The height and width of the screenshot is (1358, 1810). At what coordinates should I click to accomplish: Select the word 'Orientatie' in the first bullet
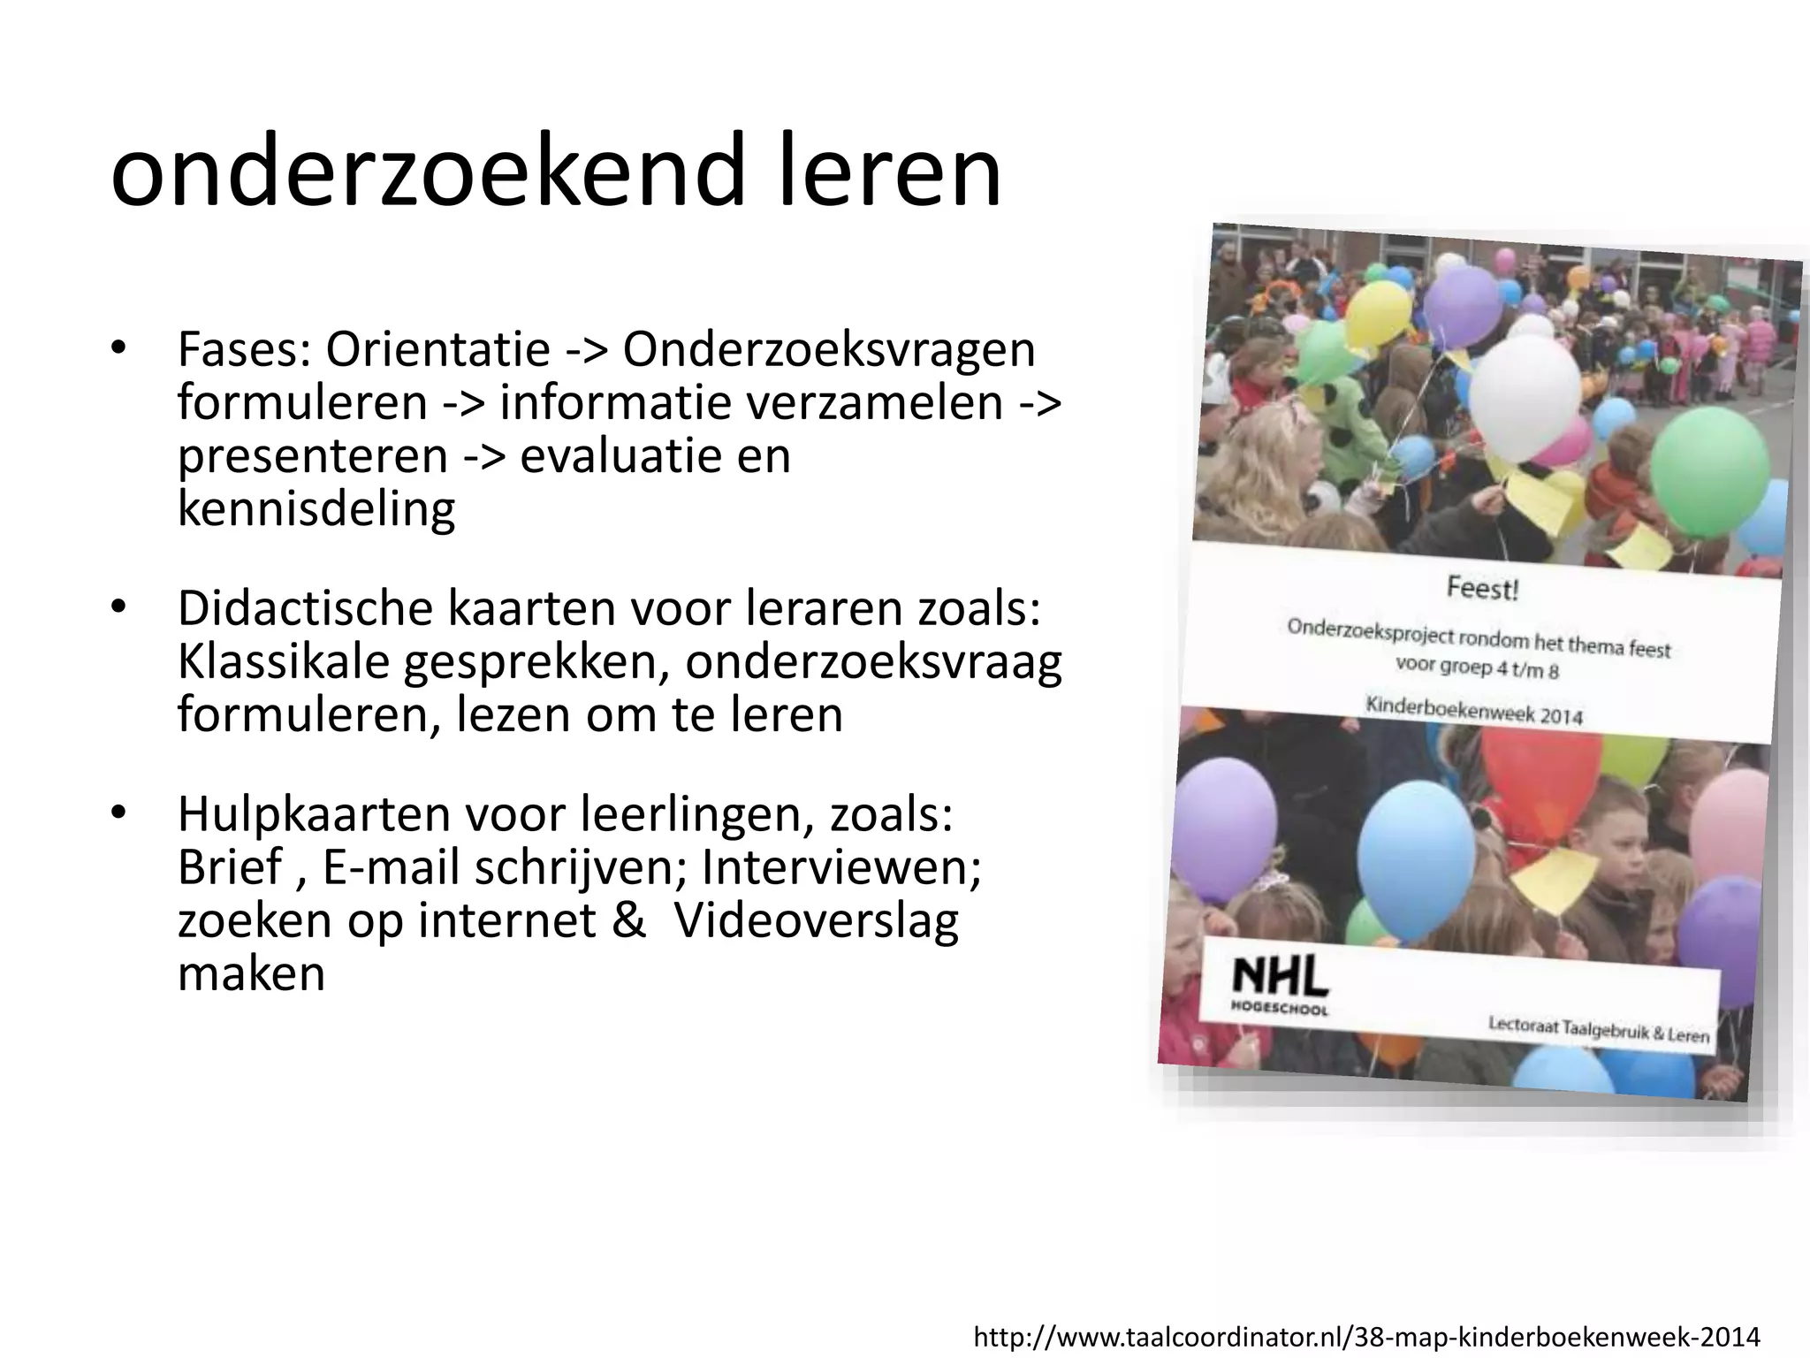point(438,349)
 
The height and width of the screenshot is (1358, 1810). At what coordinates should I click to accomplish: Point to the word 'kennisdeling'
point(316,508)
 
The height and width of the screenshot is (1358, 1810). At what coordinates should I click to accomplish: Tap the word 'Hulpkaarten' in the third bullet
point(314,814)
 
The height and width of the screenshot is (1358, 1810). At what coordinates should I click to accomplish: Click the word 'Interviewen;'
point(841,867)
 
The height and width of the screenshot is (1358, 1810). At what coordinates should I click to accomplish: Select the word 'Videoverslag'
point(816,920)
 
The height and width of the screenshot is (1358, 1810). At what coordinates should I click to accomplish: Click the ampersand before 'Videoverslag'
point(628,920)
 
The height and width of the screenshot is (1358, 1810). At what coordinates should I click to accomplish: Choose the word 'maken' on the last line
point(251,973)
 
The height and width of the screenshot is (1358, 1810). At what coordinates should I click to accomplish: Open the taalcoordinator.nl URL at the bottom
point(1366,1337)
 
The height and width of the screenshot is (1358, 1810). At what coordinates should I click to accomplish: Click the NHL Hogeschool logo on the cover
point(1280,987)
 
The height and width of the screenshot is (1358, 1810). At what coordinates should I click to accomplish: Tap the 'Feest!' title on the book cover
point(1482,589)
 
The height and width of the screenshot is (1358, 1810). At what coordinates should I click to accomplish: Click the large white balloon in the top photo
point(1526,398)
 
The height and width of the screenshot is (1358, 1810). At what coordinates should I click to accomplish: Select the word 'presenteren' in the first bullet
point(313,455)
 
